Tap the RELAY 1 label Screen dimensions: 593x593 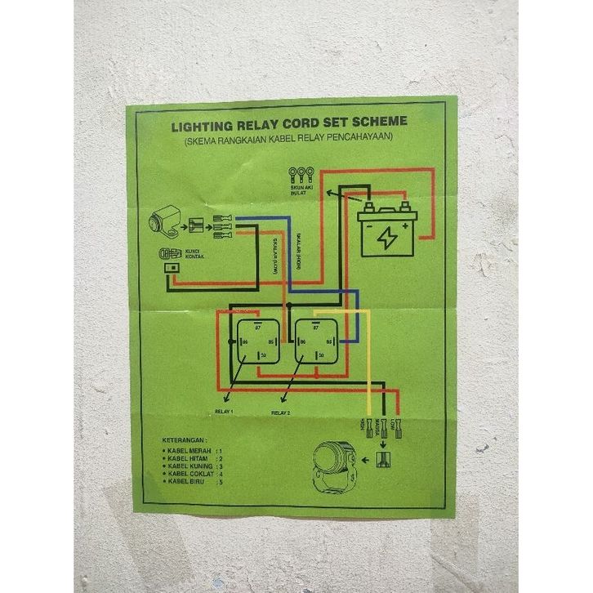tap(224, 411)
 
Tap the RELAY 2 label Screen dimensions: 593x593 tap(281, 413)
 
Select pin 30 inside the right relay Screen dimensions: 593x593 tap(321, 355)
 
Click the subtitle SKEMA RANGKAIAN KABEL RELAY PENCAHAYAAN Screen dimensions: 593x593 tap(288, 140)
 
